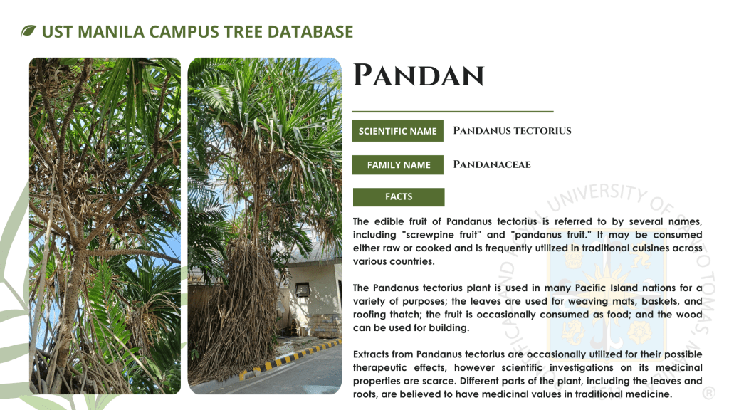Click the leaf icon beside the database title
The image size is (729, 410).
tap(28, 31)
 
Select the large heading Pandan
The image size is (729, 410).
tap(419, 75)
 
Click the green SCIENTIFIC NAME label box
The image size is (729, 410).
tap(397, 131)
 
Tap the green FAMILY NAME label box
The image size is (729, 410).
tap(397, 164)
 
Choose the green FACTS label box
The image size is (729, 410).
tap(399, 196)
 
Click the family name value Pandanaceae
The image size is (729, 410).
tap(492, 164)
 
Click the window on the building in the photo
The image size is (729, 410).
tap(303, 290)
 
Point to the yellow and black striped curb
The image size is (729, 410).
tap(290, 358)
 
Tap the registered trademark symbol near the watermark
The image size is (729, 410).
tap(708, 393)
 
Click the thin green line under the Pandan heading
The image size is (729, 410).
tap(452, 112)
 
